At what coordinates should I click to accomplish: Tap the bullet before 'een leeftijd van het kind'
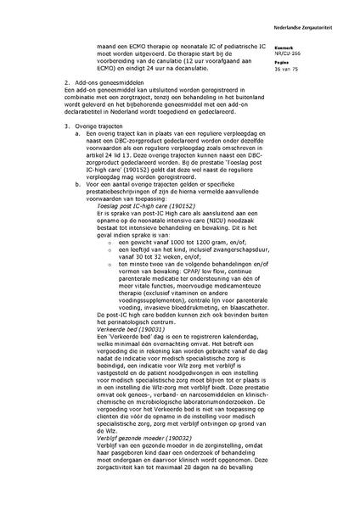click(110, 252)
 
